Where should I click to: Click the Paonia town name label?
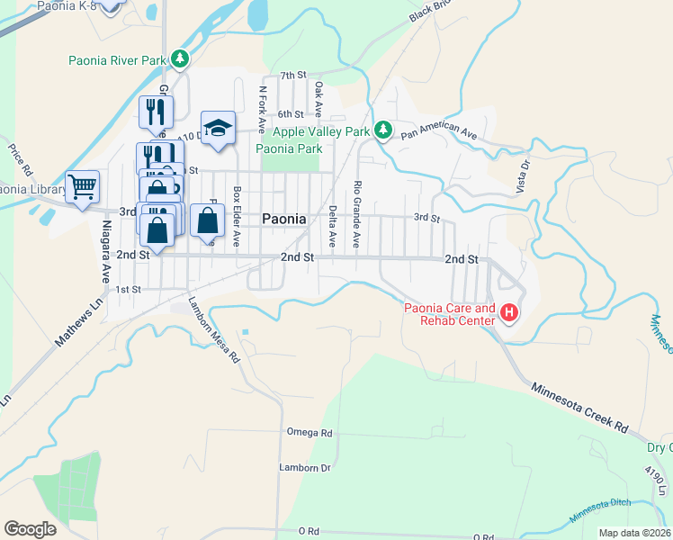[284, 219]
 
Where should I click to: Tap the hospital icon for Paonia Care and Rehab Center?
[509, 313]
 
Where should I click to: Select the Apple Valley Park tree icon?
[382, 131]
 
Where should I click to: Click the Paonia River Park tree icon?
[181, 59]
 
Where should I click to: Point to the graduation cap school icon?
[218, 128]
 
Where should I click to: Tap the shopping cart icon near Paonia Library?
[82, 187]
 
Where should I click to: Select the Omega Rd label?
[309, 433]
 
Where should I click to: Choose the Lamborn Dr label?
[305, 468]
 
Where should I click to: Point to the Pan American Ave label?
[439, 131]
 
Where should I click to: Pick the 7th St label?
[293, 76]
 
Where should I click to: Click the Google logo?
[30, 529]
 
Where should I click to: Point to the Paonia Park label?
[289, 148]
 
